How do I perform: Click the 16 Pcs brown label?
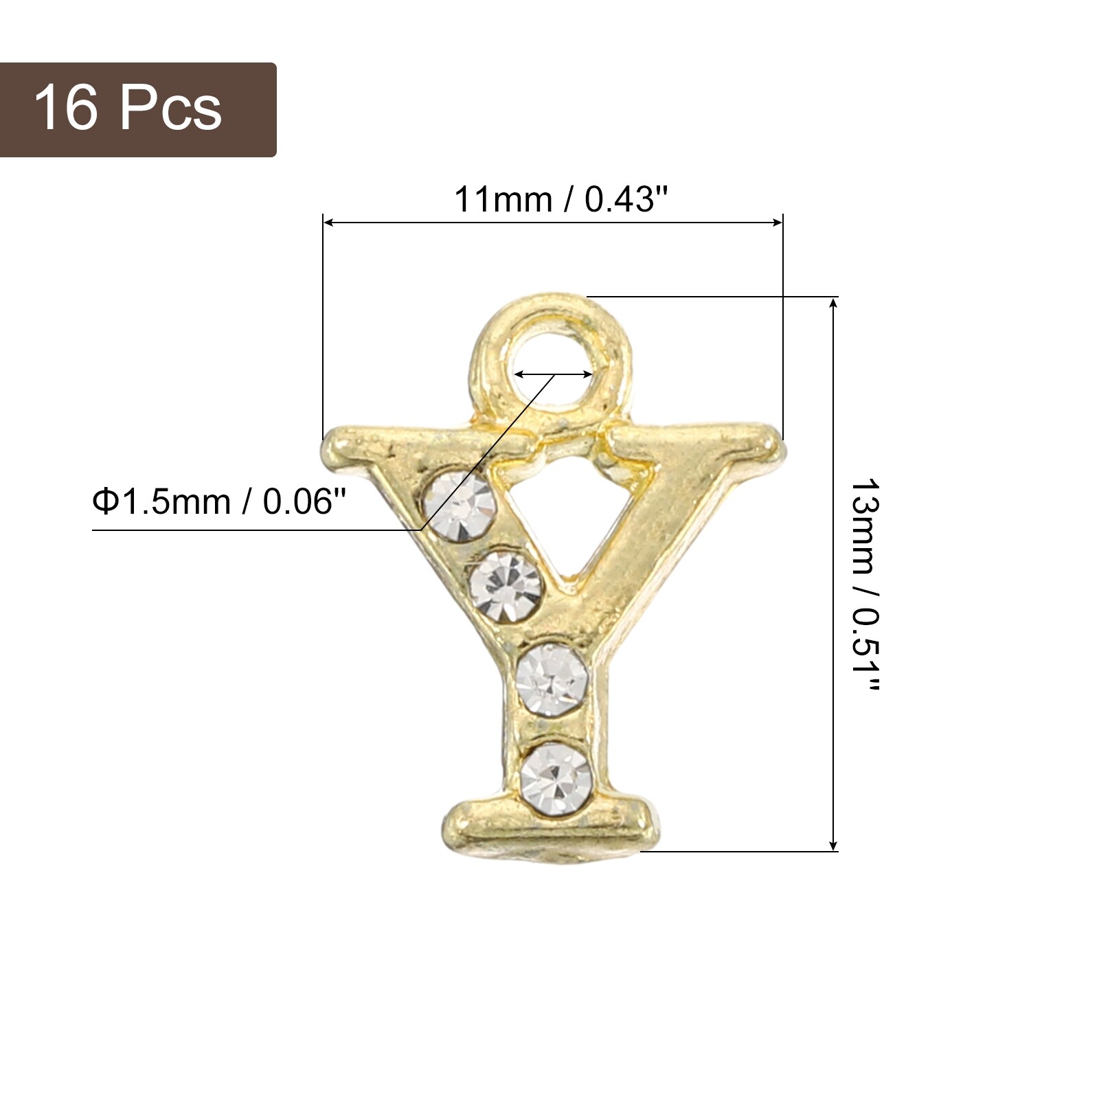coord(137,110)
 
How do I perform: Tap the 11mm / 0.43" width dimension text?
coord(561,200)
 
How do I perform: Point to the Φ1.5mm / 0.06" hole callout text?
coord(219,502)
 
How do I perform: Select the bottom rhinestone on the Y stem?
coord(555,778)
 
